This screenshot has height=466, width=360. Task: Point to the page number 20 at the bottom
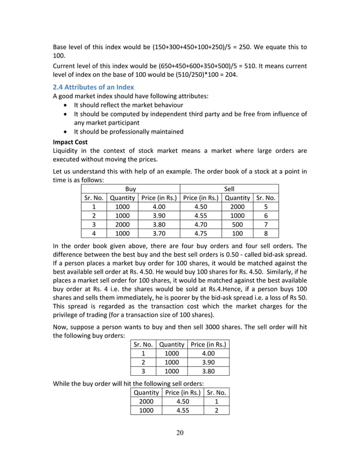pos(180,433)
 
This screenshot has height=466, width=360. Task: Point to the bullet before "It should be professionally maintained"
pos(66,132)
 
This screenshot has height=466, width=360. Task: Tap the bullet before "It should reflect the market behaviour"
pos(66,105)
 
